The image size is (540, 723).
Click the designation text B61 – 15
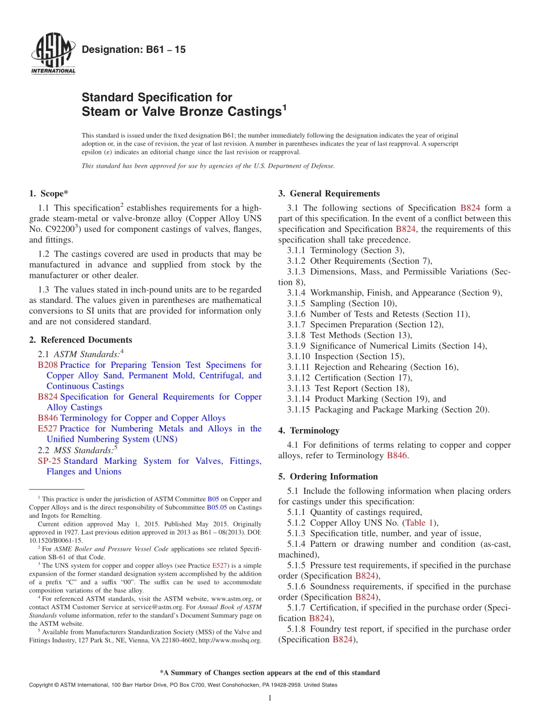pos(134,50)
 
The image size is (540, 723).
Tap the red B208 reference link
pos(48,365)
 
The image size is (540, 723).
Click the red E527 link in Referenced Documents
pos(47,429)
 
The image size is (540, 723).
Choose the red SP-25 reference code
pos(49,461)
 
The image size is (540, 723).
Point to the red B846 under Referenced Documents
pos(48,418)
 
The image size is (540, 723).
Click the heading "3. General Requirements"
pos(329,194)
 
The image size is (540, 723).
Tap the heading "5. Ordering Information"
pos(328,476)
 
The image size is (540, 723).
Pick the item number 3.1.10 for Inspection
pos(299,356)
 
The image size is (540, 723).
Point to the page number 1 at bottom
pos(269,698)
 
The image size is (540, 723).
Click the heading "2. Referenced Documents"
pos(80,340)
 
